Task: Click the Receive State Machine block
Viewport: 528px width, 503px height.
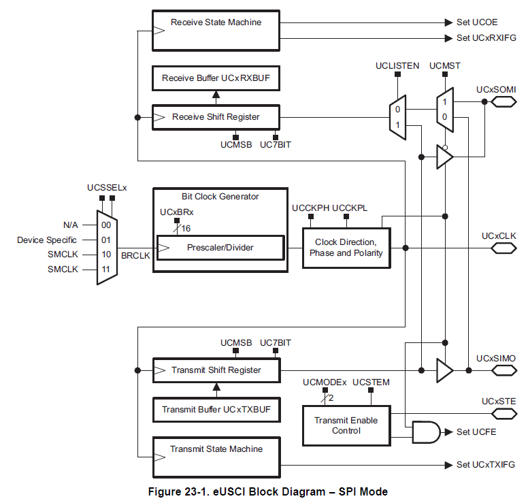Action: point(216,30)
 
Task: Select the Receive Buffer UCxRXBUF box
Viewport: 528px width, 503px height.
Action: point(216,79)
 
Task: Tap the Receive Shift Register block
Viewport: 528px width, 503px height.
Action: point(216,117)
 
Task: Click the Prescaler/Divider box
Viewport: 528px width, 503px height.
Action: point(220,247)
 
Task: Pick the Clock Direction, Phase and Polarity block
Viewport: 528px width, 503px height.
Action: point(346,248)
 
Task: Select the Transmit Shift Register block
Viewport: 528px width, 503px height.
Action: point(216,370)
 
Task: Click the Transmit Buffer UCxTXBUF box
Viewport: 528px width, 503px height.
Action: point(216,410)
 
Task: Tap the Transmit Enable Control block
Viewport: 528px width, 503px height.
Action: point(346,425)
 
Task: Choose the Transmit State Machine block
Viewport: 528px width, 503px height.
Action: point(216,457)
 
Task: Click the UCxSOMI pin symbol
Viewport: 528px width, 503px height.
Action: point(504,102)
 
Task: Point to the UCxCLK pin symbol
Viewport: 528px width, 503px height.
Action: point(504,248)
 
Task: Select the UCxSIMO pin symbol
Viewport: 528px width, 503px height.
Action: point(504,370)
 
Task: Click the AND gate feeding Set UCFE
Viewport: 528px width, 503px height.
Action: point(425,432)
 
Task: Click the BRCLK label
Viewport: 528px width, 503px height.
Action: point(135,257)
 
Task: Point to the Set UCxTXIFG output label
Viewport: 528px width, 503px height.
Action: point(485,465)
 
